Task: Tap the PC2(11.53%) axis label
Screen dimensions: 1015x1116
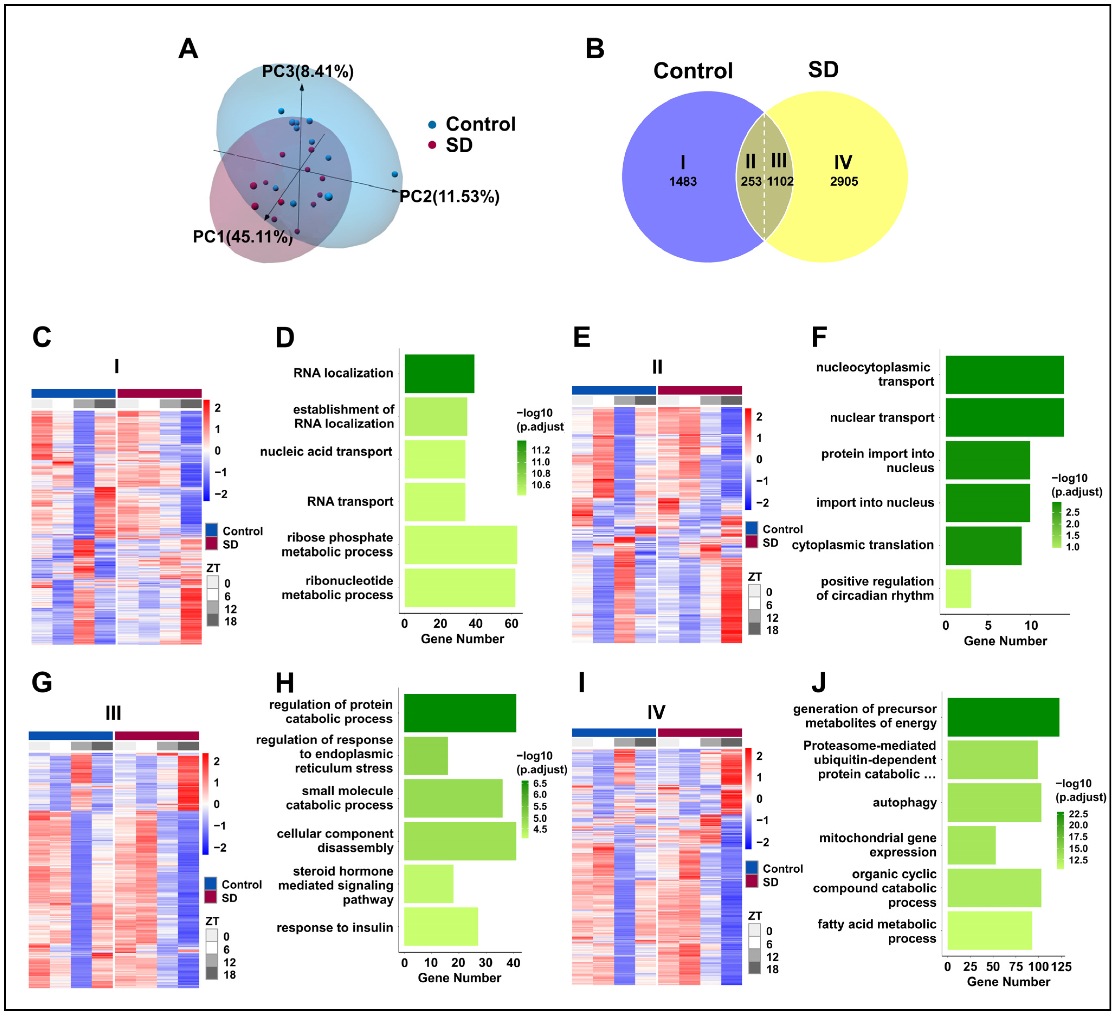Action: pos(449,196)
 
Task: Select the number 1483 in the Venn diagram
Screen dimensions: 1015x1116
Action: pos(682,181)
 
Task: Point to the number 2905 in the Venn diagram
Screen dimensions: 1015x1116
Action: pos(844,181)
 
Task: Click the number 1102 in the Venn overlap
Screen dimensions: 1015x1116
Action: pos(780,181)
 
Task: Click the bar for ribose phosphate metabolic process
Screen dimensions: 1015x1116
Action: pos(461,545)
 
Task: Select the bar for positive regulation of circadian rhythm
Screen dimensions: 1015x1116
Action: pos(958,588)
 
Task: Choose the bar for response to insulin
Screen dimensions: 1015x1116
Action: pos(441,926)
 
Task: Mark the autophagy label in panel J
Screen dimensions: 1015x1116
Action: pos(905,802)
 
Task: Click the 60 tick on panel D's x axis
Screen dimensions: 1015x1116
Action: pos(511,624)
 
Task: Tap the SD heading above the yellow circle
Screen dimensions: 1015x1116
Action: pos(823,70)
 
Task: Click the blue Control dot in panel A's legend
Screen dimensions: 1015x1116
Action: pos(432,125)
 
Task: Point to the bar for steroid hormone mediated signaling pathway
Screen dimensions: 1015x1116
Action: pos(428,884)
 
